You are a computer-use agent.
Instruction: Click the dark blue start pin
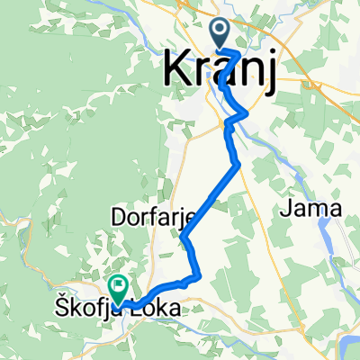pos(220,35)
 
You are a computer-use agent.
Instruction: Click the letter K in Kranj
pos(177,70)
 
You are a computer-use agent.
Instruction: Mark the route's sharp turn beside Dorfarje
pos(183,238)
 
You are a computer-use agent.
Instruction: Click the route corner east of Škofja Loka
pos(195,277)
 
